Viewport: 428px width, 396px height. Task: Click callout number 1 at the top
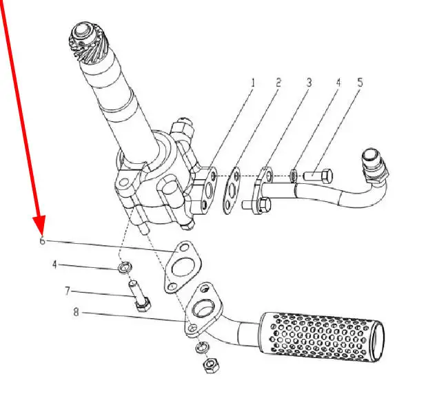[x=253, y=83]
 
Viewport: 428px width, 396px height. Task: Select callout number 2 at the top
[x=278, y=83]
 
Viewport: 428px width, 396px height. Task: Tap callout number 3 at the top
[x=309, y=83]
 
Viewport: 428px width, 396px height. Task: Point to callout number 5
[x=360, y=83]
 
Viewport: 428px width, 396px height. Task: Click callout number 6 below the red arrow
[x=42, y=241]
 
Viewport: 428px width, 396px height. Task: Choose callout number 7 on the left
[x=68, y=291]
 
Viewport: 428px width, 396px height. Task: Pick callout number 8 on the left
[x=76, y=312]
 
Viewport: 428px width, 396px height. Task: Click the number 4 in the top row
[x=338, y=83]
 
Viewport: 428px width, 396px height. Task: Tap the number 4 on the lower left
[x=54, y=264]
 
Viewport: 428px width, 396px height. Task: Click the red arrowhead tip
[x=41, y=234]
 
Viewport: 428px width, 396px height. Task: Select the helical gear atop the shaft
[x=88, y=41]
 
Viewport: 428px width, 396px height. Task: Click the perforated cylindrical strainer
[x=320, y=337]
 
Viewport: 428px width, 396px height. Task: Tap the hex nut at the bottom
[x=211, y=366]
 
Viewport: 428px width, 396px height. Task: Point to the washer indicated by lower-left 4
[x=125, y=267]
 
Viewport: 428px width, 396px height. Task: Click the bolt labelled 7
[x=139, y=296]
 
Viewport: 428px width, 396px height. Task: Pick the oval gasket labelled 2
[x=232, y=190]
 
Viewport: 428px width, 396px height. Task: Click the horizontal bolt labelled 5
[x=318, y=176]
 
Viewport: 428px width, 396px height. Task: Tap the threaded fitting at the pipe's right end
[x=375, y=165]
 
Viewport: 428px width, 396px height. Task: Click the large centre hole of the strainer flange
[x=203, y=308]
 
